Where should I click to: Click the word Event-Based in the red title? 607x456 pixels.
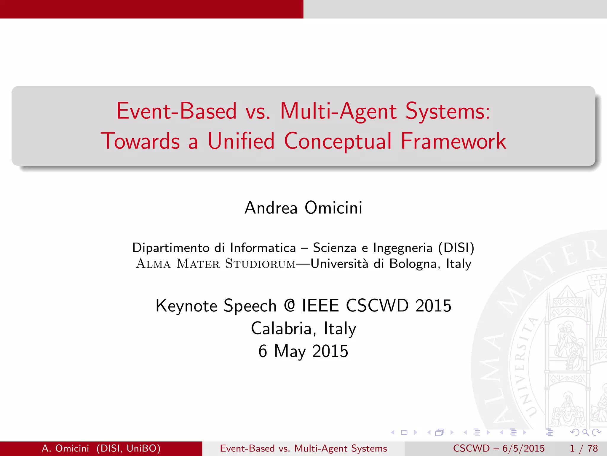pos(177,111)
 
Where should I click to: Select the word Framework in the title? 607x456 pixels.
pos(453,141)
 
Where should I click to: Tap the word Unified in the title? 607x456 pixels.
pos(241,141)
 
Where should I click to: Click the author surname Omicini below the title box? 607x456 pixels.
pos(333,208)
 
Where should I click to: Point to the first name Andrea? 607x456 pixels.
pos(271,208)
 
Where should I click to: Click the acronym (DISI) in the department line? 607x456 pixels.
pos(456,248)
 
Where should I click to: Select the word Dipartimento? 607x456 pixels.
pos(171,248)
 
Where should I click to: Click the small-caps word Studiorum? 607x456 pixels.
pos(260,264)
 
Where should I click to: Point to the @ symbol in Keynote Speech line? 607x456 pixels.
pos(289,305)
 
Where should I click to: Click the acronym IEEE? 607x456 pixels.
pos(320,305)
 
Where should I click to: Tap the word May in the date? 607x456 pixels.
pos(290,351)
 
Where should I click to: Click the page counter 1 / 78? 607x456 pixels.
pos(584,448)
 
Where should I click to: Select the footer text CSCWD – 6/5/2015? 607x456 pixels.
pos(499,448)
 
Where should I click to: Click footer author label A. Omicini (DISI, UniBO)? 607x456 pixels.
pos(101,448)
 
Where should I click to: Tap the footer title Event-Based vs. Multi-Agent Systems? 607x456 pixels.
pos(303,448)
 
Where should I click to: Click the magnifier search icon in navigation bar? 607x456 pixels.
pos(585,433)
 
